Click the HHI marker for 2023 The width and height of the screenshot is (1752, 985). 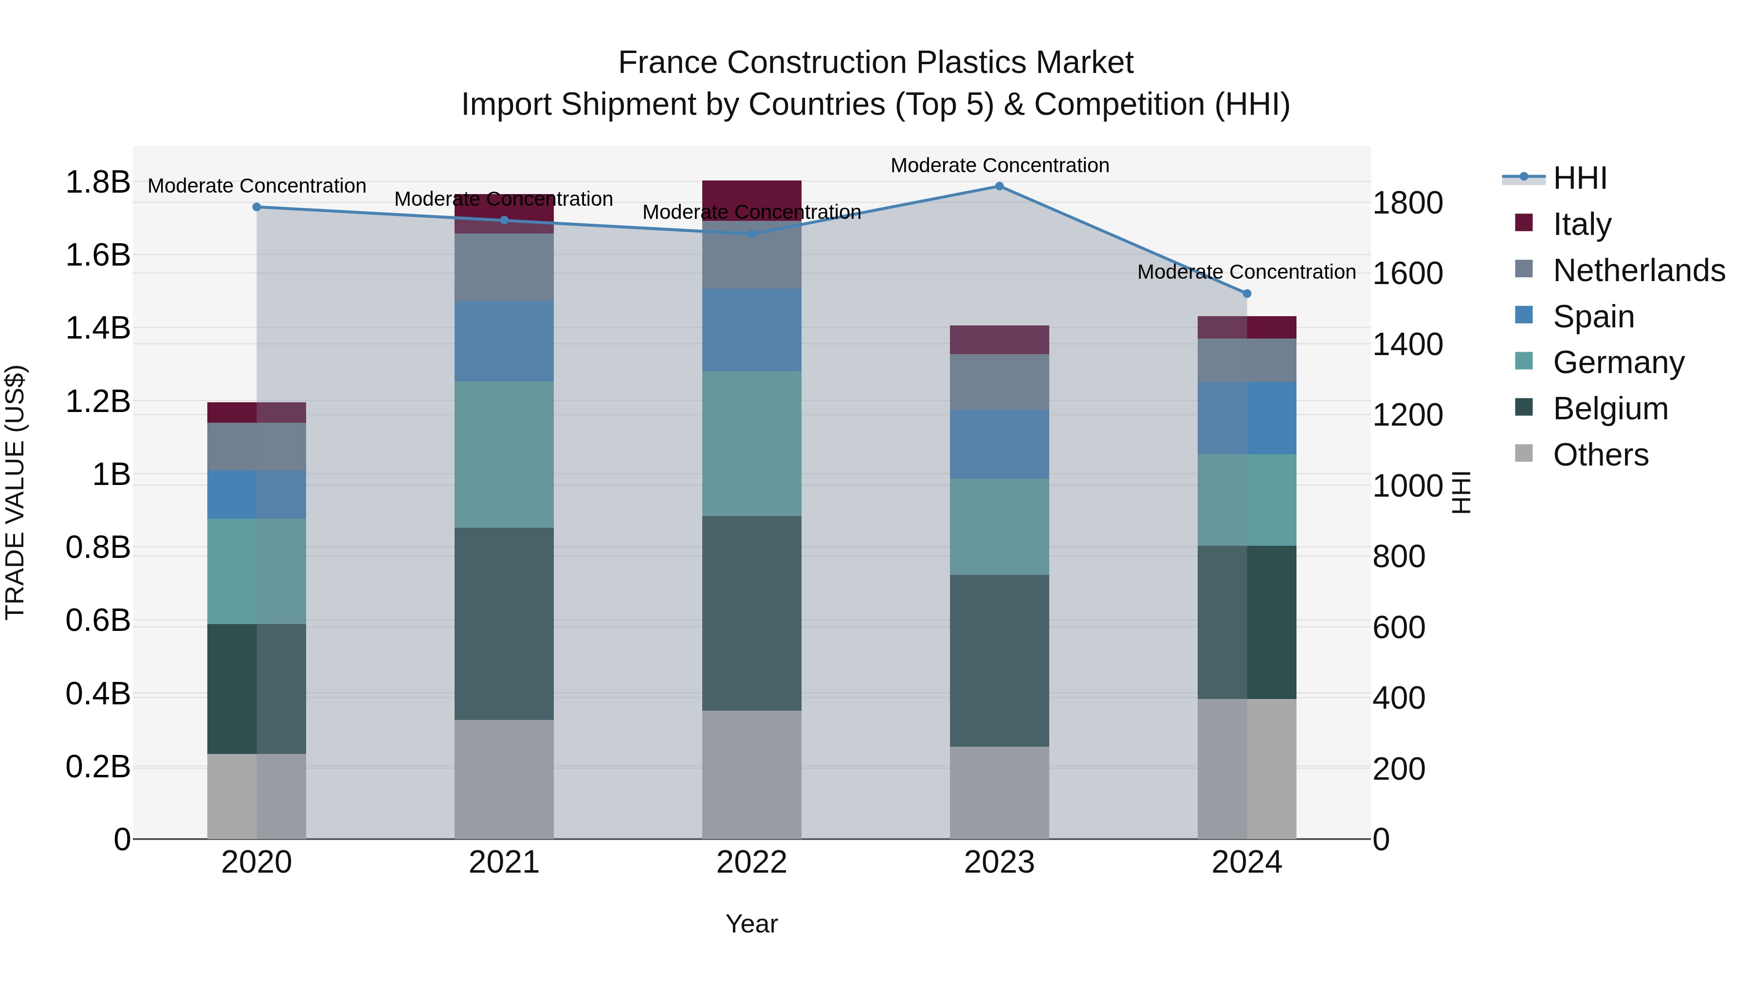999,186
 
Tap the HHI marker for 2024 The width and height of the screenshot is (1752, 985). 1247,294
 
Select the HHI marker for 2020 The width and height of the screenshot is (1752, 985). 256,207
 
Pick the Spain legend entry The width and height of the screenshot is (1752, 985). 1593,316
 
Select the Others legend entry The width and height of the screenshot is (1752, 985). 1600,454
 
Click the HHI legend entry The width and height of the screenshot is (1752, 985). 1580,178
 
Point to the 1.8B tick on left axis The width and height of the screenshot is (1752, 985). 97,182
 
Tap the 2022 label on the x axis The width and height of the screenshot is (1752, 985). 751,862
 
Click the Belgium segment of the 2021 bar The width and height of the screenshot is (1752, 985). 504,624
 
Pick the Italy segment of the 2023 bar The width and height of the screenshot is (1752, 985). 999,340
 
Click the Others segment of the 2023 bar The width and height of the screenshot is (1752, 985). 999,793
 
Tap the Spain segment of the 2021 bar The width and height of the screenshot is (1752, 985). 504,341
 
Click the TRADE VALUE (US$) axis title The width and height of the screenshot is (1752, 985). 15,492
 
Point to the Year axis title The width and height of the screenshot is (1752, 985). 751,924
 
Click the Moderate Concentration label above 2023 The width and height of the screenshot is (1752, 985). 999,165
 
